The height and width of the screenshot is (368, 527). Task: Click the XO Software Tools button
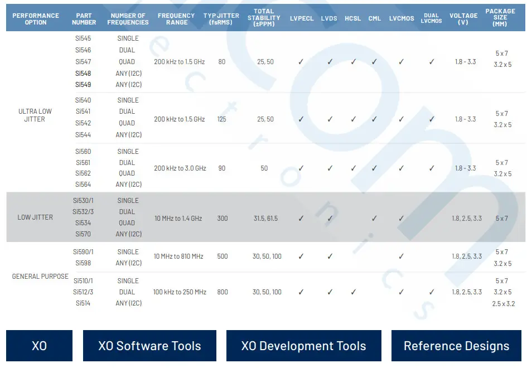[149, 346]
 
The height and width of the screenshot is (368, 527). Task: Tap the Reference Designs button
[456, 346]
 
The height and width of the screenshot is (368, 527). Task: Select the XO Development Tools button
[303, 346]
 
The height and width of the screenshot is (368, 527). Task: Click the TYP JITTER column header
[222, 18]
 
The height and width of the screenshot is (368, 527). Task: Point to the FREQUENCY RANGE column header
[176, 18]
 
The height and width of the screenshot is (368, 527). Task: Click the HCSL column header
[352, 18]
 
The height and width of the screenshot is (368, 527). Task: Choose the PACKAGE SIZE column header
[501, 18]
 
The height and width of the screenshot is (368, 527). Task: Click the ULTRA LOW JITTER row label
[35, 115]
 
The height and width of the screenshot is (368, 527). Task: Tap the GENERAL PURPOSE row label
[40, 277]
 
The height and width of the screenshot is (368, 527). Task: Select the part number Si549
[83, 85]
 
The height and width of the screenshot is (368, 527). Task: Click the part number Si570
[83, 234]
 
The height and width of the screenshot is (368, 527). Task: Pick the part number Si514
[83, 303]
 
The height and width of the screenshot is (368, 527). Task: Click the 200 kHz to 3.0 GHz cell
[180, 168]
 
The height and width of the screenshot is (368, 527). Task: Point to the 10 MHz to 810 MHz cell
[178, 256]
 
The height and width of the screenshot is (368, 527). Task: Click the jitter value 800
[222, 292]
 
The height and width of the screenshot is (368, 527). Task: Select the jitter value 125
[222, 119]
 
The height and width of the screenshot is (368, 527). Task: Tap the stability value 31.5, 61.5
[265, 219]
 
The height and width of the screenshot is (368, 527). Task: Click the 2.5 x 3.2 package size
[503, 304]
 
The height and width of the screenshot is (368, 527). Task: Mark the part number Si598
[83, 263]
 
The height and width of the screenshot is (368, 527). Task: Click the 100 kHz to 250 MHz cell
[180, 292]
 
